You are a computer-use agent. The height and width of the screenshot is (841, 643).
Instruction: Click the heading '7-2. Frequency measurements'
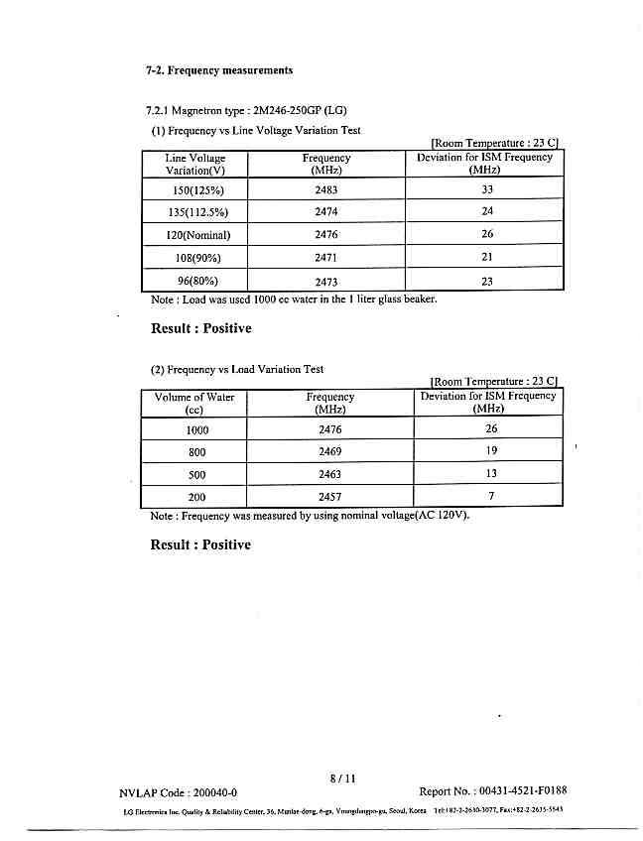[219, 70]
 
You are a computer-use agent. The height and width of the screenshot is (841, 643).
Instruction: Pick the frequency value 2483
[326, 188]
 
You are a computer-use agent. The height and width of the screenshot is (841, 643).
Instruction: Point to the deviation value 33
[487, 188]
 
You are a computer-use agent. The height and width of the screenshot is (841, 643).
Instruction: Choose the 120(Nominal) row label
[197, 235]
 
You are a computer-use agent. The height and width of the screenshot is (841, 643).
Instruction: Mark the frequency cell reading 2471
[326, 258]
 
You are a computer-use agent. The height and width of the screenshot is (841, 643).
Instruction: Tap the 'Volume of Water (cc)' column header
[194, 403]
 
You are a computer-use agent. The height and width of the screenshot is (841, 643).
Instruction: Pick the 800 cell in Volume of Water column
[196, 452]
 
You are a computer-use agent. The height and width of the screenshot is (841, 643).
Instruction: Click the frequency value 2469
[330, 451]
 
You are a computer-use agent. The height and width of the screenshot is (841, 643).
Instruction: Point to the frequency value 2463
[330, 474]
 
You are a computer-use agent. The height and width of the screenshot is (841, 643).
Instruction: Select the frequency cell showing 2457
[330, 496]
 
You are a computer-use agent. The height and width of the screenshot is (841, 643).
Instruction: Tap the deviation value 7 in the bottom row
[491, 495]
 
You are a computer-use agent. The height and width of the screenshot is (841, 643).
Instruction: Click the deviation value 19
[491, 451]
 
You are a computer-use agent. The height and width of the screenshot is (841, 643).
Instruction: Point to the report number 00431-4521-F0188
[493, 791]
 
